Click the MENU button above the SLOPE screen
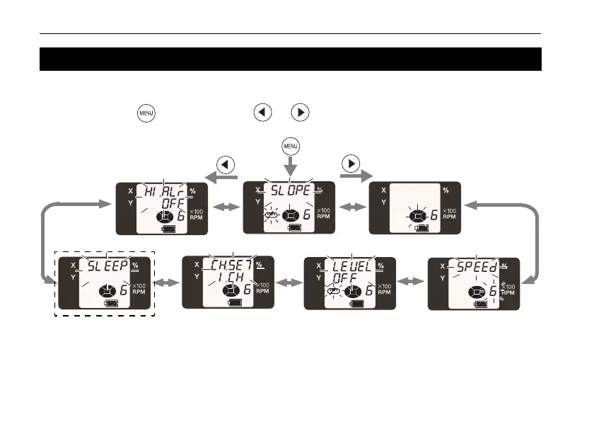tap(290, 147)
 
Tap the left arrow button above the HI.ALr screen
tap(226, 164)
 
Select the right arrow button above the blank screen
tap(351, 163)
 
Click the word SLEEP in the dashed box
tap(107, 266)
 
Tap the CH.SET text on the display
tap(231, 266)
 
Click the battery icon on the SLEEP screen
tap(110, 303)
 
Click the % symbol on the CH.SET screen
tap(259, 265)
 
